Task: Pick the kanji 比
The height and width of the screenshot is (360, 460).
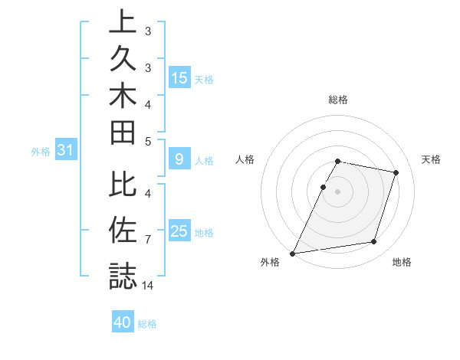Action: [123, 185]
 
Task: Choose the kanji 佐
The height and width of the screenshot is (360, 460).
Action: [123, 230]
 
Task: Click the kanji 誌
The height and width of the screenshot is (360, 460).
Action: [123, 274]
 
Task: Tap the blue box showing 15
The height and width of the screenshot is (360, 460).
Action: [179, 78]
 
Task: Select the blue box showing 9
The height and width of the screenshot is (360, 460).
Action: [179, 159]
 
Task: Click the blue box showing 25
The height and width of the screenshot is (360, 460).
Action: [179, 231]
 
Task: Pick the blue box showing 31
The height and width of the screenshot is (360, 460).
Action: [66, 151]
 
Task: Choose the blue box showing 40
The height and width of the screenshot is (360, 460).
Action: [123, 322]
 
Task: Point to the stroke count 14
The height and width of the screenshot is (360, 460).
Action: [149, 285]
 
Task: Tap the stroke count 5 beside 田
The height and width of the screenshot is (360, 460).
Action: [148, 142]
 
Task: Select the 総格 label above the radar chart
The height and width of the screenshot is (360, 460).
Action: [338, 100]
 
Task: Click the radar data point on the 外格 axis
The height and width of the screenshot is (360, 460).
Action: [293, 253]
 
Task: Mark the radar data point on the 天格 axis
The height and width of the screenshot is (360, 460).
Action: [396, 172]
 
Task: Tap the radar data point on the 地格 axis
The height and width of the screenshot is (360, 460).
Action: [374, 242]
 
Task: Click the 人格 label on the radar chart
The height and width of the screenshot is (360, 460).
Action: [245, 159]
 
